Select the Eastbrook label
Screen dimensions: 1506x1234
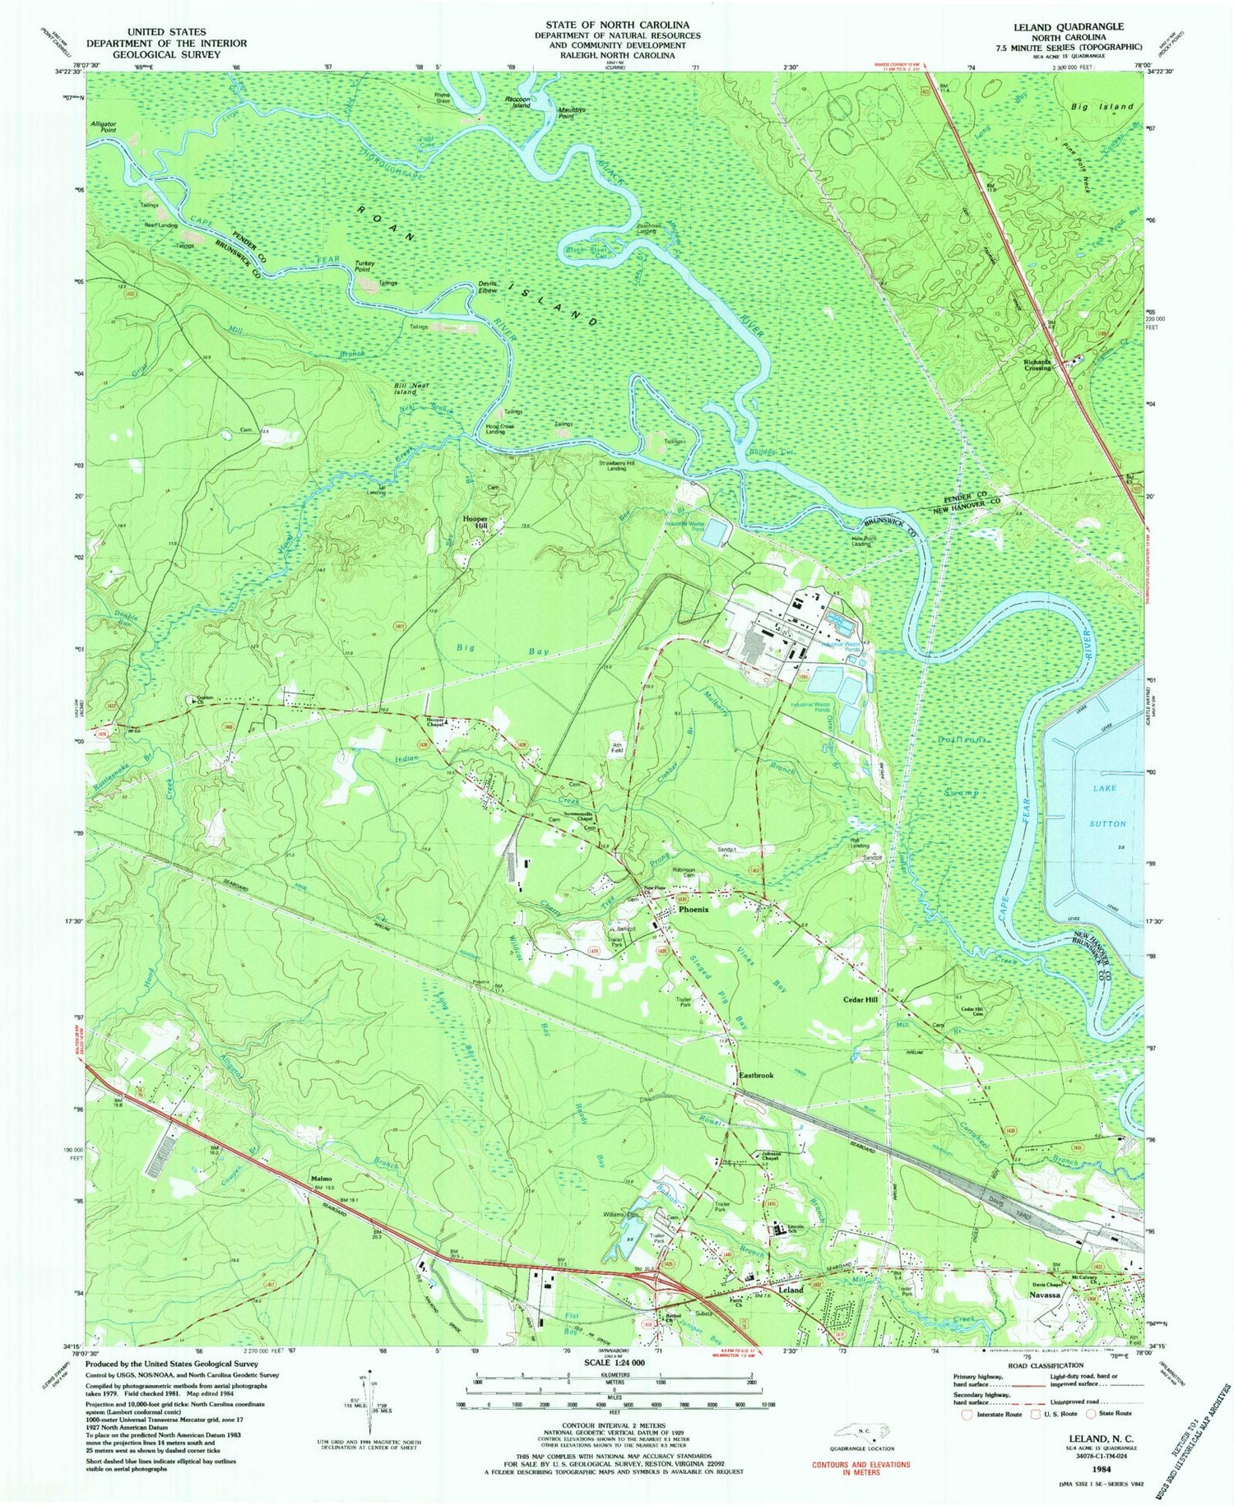(x=755, y=1076)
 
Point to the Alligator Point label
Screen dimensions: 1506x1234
(x=103, y=126)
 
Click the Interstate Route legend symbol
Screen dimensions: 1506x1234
(x=967, y=1413)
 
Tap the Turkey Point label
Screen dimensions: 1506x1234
(x=365, y=266)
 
